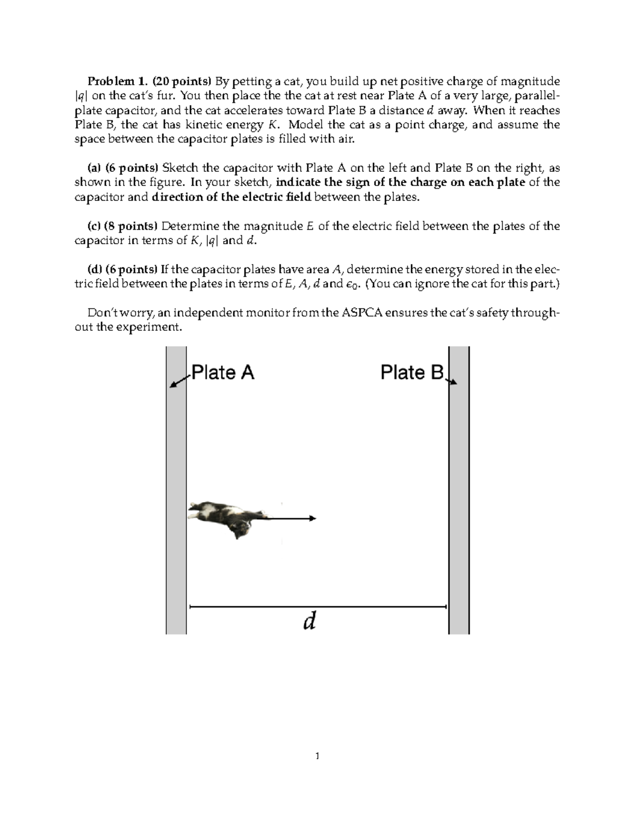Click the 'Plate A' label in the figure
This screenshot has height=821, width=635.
tap(222, 373)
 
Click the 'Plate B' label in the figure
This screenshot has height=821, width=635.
tap(412, 373)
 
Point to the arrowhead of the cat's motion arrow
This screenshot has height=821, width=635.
tap(313, 518)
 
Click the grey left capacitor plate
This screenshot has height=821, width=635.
tap(176, 476)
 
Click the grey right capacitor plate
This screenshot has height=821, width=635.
tap(459, 476)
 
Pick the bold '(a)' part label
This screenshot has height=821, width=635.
tap(94, 168)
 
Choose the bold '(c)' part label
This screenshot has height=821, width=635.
tap(94, 226)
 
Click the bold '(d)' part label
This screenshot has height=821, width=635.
tap(95, 270)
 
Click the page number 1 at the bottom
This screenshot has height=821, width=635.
tap(317, 756)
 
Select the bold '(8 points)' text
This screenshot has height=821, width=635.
tap(131, 226)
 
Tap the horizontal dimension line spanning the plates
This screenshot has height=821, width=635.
tap(317, 607)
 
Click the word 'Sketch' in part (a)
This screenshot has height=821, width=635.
tap(180, 168)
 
